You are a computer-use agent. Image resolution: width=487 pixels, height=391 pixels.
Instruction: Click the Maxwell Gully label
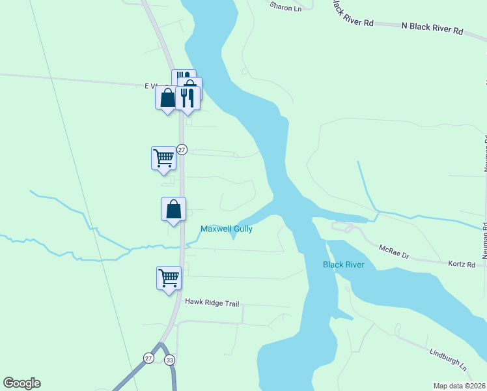(x=226, y=229)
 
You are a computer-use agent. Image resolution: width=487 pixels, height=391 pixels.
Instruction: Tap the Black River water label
(x=343, y=265)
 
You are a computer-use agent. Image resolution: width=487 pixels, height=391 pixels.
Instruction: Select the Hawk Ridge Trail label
(x=212, y=302)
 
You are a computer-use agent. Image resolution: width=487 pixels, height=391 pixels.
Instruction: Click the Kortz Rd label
(x=462, y=264)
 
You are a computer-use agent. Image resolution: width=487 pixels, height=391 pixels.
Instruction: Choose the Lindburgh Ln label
(x=449, y=359)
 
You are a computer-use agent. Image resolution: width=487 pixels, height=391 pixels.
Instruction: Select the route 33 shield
(x=170, y=359)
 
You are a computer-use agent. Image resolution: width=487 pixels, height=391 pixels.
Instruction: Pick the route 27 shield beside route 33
(x=149, y=358)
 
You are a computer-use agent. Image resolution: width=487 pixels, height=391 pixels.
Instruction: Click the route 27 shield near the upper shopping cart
(x=182, y=149)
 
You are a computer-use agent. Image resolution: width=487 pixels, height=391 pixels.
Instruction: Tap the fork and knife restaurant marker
(x=188, y=98)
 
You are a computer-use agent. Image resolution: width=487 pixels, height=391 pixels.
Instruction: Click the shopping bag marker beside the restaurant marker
(x=167, y=98)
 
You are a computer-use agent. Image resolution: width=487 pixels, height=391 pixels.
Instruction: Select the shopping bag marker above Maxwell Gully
(x=173, y=209)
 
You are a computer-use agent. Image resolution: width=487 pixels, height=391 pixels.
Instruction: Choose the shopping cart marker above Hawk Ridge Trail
(x=169, y=278)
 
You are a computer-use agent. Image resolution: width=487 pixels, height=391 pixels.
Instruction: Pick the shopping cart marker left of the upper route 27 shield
(x=163, y=157)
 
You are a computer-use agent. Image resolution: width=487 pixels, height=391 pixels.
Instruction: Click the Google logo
(x=21, y=383)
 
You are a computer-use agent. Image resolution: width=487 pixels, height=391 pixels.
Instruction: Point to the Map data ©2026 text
(x=459, y=386)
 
